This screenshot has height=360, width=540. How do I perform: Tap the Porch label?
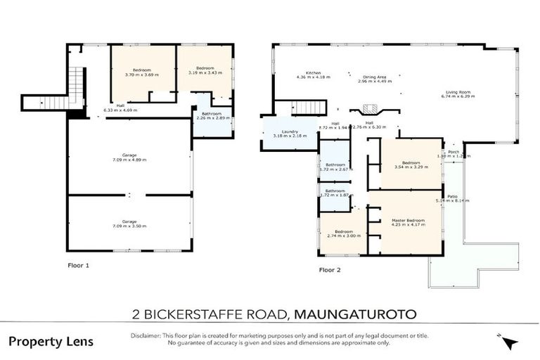(x=454, y=151)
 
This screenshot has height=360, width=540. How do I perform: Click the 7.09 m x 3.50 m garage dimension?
(x=129, y=225)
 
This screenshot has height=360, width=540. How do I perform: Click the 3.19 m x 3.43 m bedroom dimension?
(x=205, y=72)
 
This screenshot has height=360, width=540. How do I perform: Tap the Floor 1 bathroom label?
(x=212, y=114)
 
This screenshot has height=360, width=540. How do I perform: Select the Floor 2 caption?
(x=330, y=269)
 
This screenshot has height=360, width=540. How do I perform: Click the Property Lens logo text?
(x=50, y=341)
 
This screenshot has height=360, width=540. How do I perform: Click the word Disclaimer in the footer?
(x=146, y=336)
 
